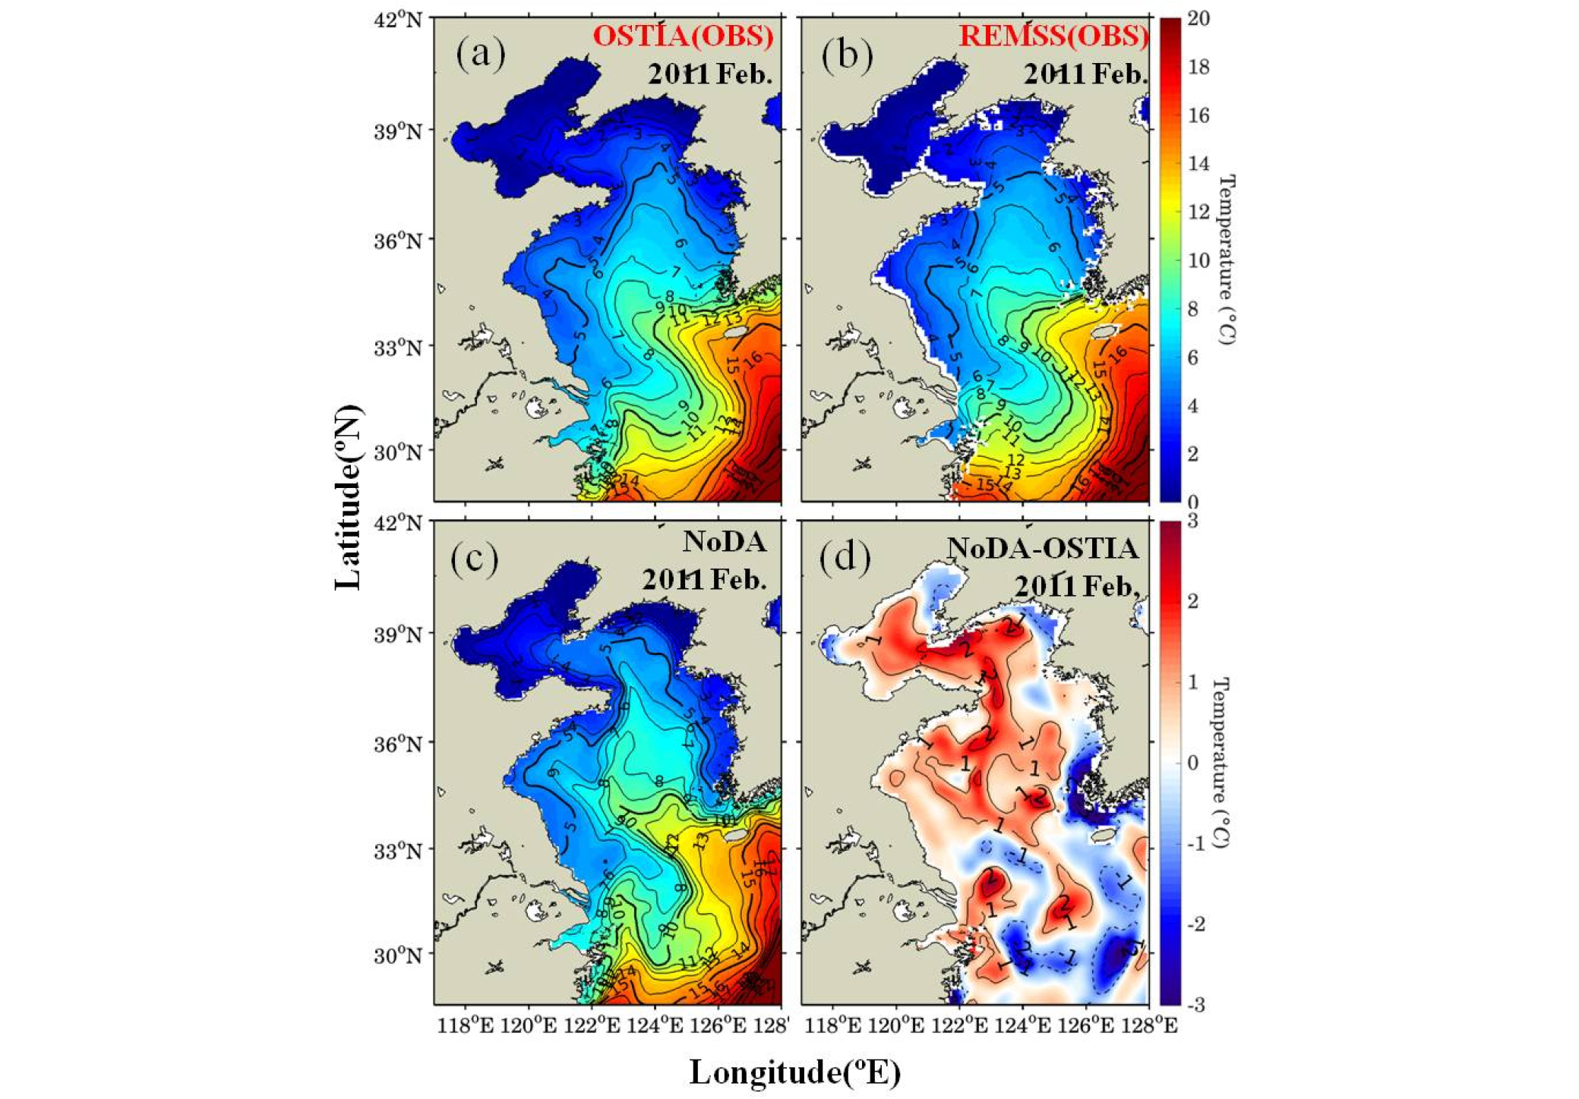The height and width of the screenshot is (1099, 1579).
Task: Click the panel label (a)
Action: pyautogui.click(x=480, y=55)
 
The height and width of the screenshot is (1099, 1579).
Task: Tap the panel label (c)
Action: pyautogui.click(x=475, y=558)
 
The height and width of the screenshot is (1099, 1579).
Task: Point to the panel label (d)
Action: pyautogui.click(x=845, y=558)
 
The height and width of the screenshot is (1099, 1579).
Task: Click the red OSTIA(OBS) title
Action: pyautogui.click(x=683, y=36)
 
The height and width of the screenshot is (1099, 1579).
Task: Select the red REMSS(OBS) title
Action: pyautogui.click(x=1053, y=36)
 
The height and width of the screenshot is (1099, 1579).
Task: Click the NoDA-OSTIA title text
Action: pyautogui.click(x=1042, y=548)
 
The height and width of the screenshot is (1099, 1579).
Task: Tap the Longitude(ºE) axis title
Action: pyautogui.click(x=794, y=1072)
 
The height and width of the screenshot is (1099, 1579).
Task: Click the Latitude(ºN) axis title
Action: pyautogui.click(x=349, y=498)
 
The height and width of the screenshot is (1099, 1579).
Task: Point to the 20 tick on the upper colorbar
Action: pyautogui.click(x=1198, y=18)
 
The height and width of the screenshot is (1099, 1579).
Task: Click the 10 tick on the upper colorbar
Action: pyautogui.click(x=1198, y=260)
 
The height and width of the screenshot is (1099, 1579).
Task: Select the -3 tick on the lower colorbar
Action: pyautogui.click(x=1195, y=1006)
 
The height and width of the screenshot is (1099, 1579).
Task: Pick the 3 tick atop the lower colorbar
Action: pyautogui.click(x=1192, y=522)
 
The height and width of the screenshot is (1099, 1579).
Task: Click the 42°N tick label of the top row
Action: pyautogui.click(x=398, y=20)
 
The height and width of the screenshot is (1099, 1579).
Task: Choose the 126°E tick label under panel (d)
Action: pyautogui.click(x=1085, y=1026)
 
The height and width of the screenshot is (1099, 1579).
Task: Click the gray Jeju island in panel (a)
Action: pyautogui.click(x=734, y=332)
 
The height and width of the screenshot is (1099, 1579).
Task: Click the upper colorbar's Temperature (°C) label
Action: pyautogui.click(x=1226, y=259)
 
